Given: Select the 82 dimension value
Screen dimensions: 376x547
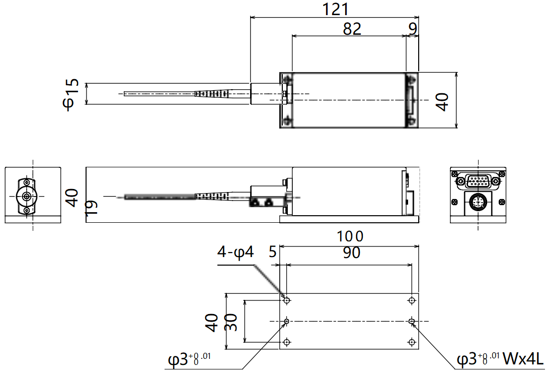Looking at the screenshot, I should (x=352, y=29).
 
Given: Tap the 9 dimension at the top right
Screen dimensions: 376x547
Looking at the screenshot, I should (x=413, y=29).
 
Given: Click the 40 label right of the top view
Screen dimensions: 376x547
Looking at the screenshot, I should (x=442, y=101).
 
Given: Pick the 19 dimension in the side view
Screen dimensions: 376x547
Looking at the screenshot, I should (x=91, y=208).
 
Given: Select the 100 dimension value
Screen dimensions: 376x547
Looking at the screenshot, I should (x=350, y=236).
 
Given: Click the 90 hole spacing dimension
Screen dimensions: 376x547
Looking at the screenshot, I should (x=351, y=253).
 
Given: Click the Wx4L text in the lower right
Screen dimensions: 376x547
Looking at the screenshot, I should (x=523, y=360).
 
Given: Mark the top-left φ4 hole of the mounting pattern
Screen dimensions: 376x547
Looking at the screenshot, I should (x=287, y=300).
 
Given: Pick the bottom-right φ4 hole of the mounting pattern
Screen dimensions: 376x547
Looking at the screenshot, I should (x=412, y=342).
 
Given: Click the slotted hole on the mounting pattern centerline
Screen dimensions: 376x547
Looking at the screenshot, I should (x=412, y=321).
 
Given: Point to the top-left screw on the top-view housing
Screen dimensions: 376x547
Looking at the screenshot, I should (x=287, y=80).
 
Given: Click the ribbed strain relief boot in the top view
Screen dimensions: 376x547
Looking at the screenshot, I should (x=211, y=94).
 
